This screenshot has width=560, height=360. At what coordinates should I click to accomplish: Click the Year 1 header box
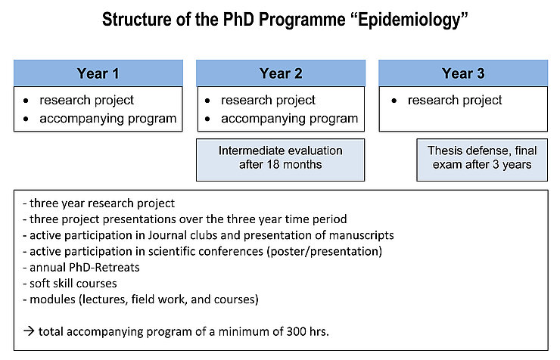tap(98, 73)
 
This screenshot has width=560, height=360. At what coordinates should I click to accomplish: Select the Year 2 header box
tap(281, 73)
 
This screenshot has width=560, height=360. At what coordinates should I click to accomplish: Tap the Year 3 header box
tap(463, 73)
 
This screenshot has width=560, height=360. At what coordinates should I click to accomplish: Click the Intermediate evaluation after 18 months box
tap(281, 157)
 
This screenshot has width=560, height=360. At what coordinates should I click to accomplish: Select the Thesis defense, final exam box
tap(481, 157)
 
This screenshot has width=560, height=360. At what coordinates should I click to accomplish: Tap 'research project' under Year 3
tap(455, 100)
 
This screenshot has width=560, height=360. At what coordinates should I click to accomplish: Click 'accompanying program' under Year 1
tap(107, 118)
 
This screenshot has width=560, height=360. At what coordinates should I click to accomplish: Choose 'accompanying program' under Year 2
tap(289, 118)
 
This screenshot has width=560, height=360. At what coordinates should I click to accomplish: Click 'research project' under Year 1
tap(87, 100)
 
